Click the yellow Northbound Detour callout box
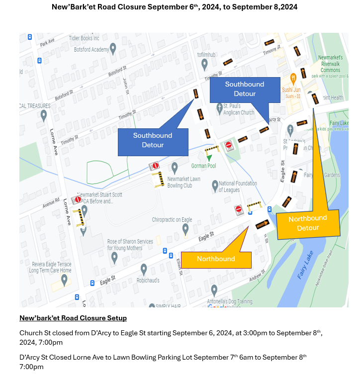308,223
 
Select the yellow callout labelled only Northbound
216,259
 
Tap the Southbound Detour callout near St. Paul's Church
245,89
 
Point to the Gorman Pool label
204,165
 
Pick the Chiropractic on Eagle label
172,219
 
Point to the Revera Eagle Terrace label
50,267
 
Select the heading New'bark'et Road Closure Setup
73,318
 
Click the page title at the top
175,7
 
